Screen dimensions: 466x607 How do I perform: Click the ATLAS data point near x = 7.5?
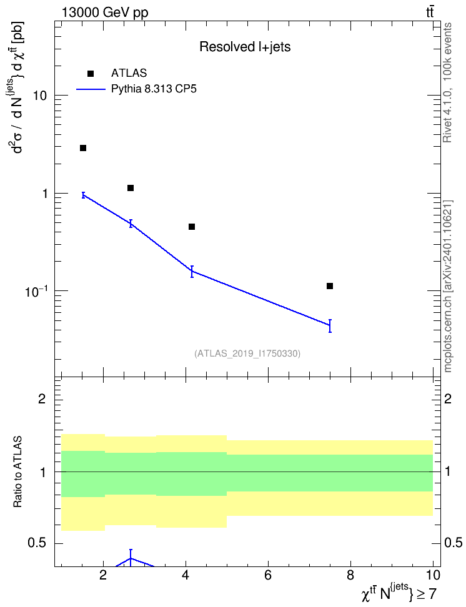330,286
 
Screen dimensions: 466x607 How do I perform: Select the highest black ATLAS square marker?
83,148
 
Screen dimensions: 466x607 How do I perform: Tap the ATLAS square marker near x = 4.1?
192,227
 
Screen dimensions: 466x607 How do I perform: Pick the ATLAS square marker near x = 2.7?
131,188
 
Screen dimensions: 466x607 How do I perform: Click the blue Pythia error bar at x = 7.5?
330,326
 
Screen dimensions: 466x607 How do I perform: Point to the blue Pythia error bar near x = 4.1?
192,272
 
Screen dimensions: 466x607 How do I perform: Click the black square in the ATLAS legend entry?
91,74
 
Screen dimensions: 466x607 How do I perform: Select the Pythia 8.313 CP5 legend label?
154,89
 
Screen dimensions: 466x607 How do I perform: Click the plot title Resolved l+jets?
245,47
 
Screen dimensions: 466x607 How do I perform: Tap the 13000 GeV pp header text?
105,12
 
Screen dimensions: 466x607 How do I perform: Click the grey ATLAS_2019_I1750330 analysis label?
247,353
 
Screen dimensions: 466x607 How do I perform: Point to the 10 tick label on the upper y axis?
39,96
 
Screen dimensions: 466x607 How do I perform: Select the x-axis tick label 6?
268,575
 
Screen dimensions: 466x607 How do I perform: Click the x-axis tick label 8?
350,575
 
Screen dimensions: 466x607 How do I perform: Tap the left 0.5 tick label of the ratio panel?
37,543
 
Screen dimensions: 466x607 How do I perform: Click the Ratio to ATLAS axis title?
17,472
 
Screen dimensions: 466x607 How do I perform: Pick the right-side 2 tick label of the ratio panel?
448,398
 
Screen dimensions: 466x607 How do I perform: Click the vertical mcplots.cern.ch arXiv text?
448,286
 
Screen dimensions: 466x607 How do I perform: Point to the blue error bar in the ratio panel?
131,558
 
